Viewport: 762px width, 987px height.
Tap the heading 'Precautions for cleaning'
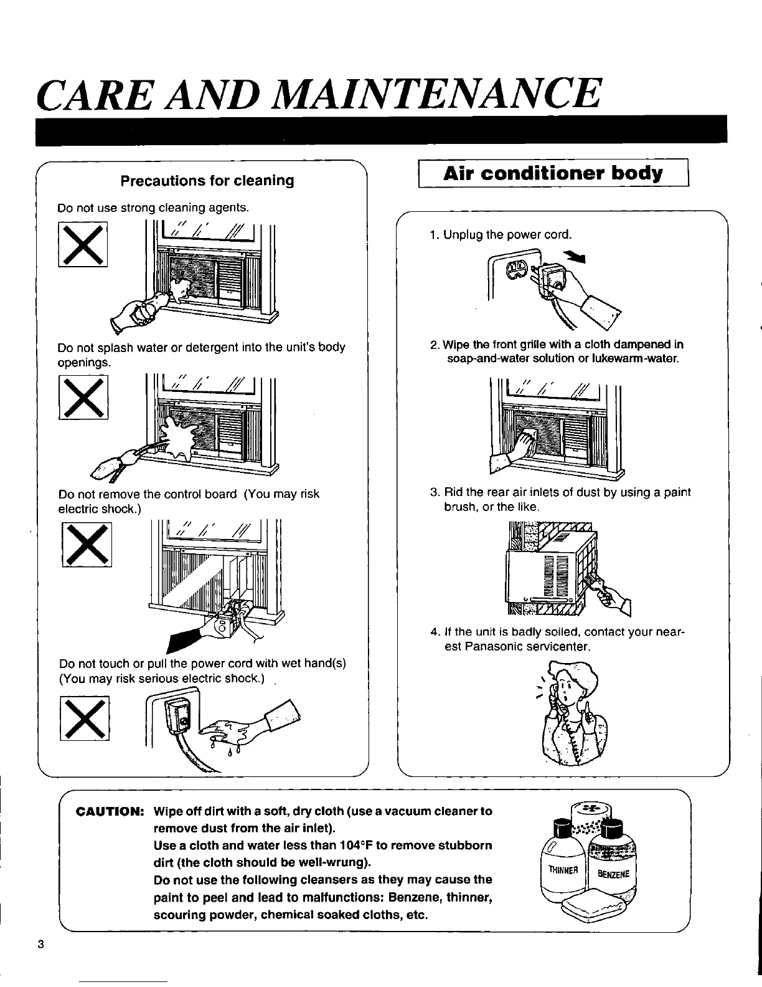[207, 181]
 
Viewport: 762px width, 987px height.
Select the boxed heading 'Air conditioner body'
[553, 174]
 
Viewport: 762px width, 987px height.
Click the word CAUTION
[110, 812]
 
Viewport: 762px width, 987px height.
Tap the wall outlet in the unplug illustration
[517, 271]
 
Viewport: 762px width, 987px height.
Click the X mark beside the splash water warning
[83, 396]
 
